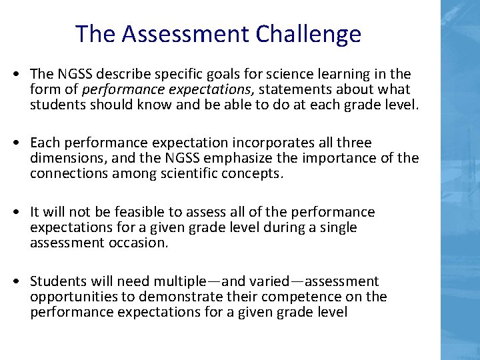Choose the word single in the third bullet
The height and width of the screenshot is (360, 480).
[x=339, y=227]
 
